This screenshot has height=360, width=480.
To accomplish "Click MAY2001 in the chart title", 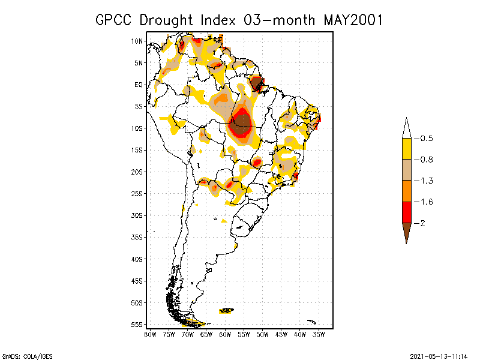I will (x=353, y=20).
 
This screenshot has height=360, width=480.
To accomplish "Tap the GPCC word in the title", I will (x=115, y=20).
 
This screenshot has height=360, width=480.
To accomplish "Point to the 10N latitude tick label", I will (x=137, y=41).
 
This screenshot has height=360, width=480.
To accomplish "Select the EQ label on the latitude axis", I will (x=139, y=85).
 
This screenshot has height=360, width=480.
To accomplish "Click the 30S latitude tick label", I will (x=137, y=215).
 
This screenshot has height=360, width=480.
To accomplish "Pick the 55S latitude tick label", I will (x=137, y=325).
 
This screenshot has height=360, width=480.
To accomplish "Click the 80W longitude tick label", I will (x=150, y=334).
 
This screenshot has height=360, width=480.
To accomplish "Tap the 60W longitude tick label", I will (x=225, y=334).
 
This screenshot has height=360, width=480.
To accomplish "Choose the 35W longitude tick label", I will (x=319, y=334).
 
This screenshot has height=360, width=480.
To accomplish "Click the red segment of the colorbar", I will (x=406, y=212).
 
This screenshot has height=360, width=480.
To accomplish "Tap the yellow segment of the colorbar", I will (x=406, y=149).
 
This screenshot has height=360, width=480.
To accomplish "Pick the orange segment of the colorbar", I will (x=406, y=191).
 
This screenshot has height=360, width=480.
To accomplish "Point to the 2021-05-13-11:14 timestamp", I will (x=439, y=355).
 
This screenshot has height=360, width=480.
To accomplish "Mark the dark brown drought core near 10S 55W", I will (x=242, y=123).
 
